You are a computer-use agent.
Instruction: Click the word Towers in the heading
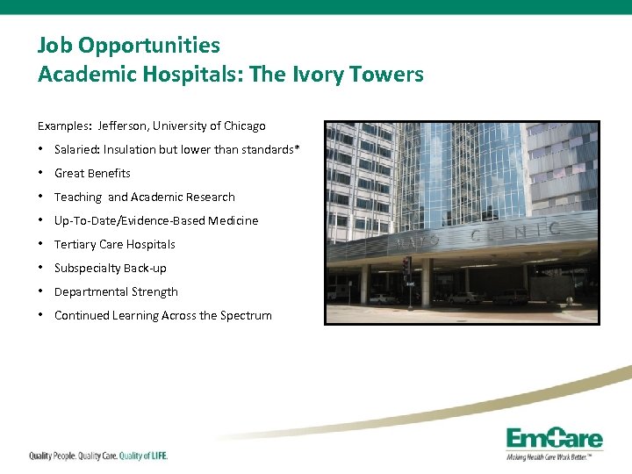387,75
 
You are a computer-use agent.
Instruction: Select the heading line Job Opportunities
129,45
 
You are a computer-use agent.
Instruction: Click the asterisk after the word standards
298,148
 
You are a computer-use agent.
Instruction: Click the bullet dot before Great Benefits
42,173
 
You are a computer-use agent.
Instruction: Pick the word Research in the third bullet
210,197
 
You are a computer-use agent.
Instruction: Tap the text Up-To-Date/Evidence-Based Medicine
156,220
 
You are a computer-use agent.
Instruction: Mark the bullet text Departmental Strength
116,291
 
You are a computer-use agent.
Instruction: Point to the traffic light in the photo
406,265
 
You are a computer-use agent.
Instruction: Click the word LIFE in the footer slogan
155,456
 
